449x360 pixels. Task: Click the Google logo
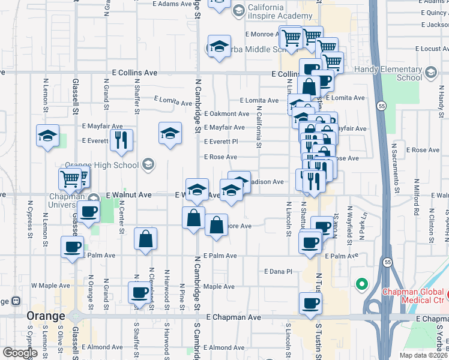click(x=19, y=353)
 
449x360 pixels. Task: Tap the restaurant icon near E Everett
click(x=121, y=140)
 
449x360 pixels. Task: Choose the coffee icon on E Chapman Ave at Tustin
click(x=310, y=304)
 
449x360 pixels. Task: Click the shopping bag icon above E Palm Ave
click(x=146, y=239)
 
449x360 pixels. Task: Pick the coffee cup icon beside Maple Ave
click(x=139, y=293)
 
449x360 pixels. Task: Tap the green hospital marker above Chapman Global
click(x=361, y=283)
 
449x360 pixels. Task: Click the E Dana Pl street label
click(x=278, y=271)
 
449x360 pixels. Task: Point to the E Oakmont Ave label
click(x=226, y=113)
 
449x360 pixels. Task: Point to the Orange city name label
click(x=46, y=316)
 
